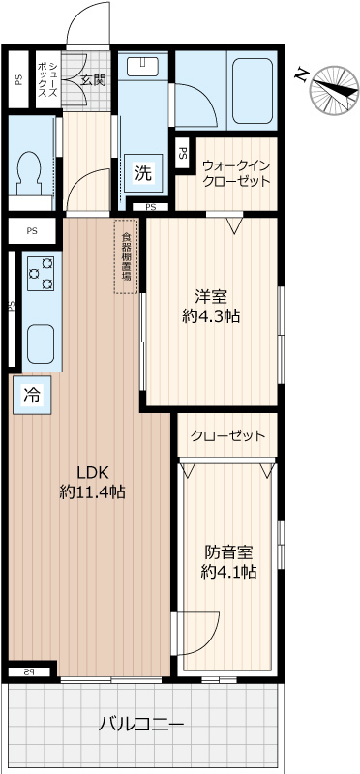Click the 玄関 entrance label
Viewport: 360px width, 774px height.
click(x=92, y=79)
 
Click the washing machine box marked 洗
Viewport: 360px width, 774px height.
click(x=143, y=174)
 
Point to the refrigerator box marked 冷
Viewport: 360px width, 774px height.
click(x=32, y=395)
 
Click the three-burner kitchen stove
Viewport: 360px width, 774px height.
click(x=42, y=273)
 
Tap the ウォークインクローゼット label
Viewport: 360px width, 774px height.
click(x=236, y=173)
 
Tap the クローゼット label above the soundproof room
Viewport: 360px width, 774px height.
click(x=228, y=435)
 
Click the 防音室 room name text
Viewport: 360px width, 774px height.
click(x=228, y=552)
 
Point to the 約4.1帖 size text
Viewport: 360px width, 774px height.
click(x=228, y=573)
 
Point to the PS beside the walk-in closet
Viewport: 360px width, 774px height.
click(x=183, y=153)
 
